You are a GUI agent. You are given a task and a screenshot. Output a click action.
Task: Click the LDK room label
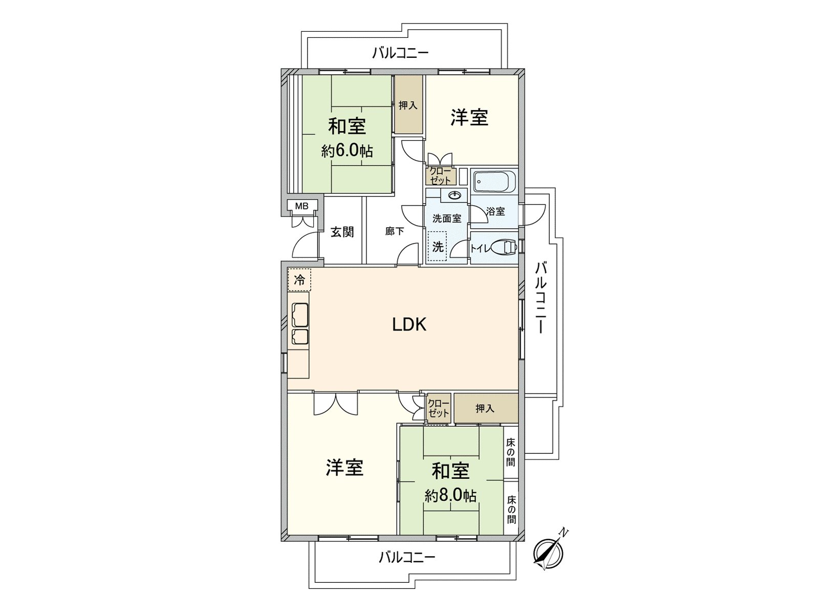[x=409, y=325]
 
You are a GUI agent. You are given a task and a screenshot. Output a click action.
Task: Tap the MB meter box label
[x=302, y=206]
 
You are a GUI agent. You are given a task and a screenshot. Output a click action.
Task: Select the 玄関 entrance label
[x=342, y=232]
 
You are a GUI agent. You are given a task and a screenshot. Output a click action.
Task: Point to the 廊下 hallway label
[x=394, y=231]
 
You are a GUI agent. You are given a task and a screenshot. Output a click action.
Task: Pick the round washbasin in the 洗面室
[x=454, y=195]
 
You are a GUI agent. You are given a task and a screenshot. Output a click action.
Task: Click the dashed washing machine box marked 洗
[x=437, y=247]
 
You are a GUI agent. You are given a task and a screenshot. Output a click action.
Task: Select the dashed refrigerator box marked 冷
[x=299, y=279]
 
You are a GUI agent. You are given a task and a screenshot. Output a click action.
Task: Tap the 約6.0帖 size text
[x=347, y=150]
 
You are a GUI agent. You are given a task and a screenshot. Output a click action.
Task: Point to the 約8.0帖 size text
[x=450, y=495]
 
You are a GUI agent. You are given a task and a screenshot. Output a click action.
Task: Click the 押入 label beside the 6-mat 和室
[x=408, y=105]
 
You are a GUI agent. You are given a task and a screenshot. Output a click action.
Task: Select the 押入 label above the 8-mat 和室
[x=485, y=409]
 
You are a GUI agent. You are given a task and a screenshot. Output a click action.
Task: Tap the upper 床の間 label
[x=510, y=453]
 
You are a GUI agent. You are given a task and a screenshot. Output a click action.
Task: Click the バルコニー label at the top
[x=400, y=53]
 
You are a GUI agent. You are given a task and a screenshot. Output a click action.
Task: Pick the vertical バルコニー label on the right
[x=542, y=298]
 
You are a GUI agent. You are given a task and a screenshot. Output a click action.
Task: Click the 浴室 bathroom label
[x=495, y=211]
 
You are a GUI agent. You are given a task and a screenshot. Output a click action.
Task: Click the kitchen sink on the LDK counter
[x=300, y=314]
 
